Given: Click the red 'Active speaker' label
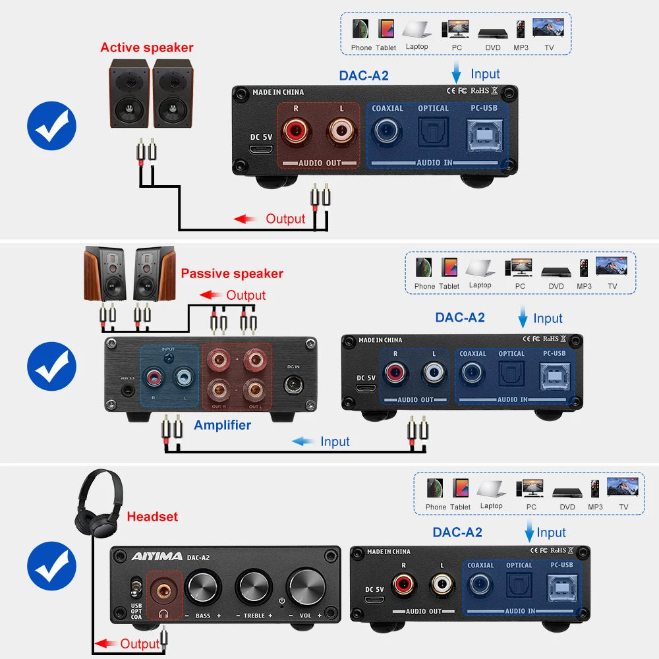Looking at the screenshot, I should (147, 47).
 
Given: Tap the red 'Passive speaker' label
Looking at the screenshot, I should (232, 273).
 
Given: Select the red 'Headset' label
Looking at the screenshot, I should (152, 517).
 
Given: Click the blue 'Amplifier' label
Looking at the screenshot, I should (222, 425).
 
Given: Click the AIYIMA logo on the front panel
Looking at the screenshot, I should (156, 556).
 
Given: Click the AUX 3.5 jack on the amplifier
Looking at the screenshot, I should (128, 390).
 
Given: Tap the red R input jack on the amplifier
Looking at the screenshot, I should (154, 378).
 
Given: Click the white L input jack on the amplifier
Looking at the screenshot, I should (184, 378).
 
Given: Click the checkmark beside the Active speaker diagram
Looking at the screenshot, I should (51, 125).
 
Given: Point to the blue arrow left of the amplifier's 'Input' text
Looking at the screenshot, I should (303, 442).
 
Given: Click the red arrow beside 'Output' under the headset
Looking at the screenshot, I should (105, 643).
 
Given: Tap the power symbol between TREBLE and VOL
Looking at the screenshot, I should (282, 600).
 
